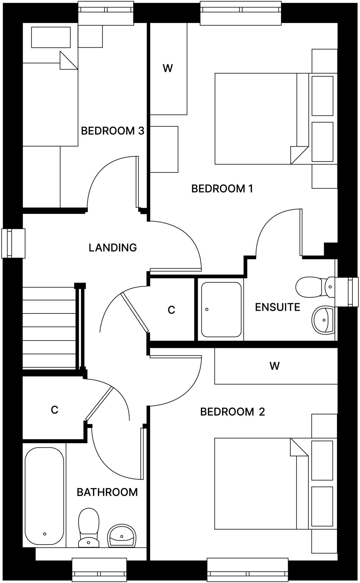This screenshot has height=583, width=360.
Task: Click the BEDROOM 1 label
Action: point(222,189)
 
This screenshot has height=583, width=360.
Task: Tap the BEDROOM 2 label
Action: point(232,412)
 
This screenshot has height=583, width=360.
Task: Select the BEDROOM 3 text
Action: point(112,131)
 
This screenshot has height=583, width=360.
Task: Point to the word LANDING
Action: point(113,248)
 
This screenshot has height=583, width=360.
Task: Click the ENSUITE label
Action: point(277,307)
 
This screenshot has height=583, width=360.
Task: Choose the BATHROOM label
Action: point(107,492)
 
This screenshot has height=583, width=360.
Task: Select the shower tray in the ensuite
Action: point(221,309)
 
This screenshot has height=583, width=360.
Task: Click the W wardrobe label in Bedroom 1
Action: point(168,68)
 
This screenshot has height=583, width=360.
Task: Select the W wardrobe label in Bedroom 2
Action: point(275,366)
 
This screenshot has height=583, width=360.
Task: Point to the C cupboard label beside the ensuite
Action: point(171,310)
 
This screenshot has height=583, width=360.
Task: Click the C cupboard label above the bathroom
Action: point(54,410)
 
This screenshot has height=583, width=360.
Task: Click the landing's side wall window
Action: point(13,243)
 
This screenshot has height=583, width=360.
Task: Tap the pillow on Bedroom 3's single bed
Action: point(51,37)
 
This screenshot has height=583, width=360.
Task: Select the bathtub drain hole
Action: point(44,534)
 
